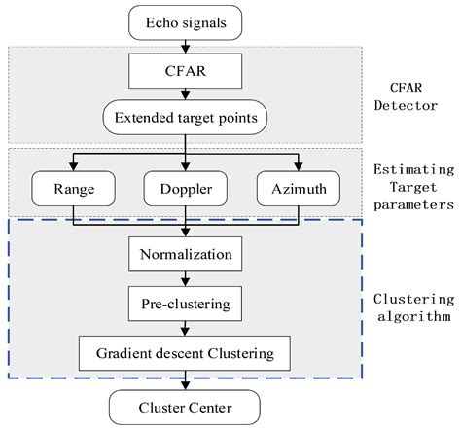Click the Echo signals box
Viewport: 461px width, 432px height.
coord(184,21)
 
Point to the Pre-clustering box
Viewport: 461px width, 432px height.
coord(184,303)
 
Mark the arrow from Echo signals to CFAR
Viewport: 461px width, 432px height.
coord(184,46)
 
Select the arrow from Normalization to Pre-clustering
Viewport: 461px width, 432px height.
coord(184,278)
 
